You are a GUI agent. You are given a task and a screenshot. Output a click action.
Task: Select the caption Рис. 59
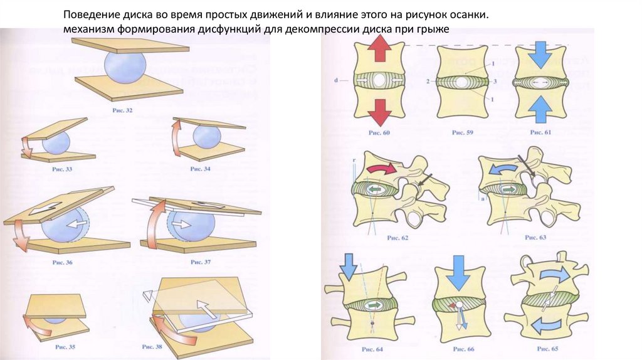(x=461, y=132)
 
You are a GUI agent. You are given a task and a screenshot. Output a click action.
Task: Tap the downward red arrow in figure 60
(x=379, y=114)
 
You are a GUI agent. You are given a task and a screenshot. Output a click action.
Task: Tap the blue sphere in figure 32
(x=125, y=66)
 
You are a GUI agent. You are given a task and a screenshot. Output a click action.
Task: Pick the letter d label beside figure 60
(x=337, y=80)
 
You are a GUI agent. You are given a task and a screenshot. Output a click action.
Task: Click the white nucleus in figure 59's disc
(x=461, y=82)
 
